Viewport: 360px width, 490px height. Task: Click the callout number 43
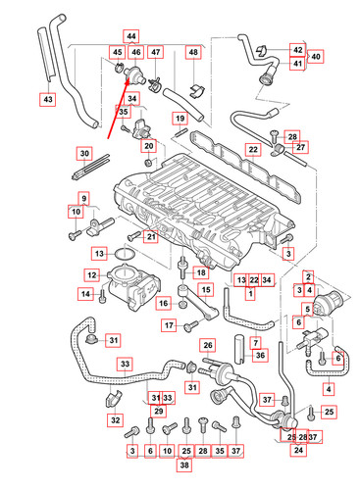tap(48, 99)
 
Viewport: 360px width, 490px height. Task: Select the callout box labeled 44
tap(131, 34)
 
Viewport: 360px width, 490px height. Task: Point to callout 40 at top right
tap(316, 57)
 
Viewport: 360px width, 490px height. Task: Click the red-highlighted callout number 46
tap(135, 52)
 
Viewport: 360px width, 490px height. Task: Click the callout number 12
tap(90, 275)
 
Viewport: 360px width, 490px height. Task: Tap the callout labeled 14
tap(84, 294)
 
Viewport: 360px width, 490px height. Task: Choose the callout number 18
tap(201, 272)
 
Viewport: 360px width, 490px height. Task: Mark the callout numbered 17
tap(168, 325)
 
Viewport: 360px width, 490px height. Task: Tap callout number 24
tap(295, 451)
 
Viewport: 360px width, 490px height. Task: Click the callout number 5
tap(308, 310)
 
